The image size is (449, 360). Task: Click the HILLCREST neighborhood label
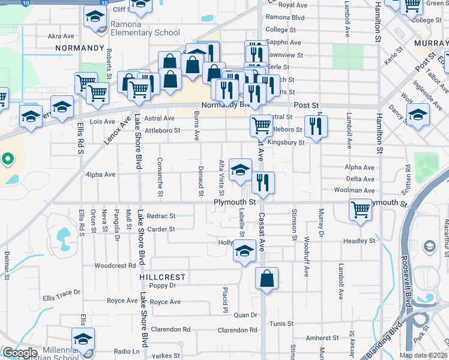[163, 278]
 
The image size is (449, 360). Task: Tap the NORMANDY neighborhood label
[80, 47]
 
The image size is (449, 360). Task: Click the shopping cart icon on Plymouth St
[360, 211]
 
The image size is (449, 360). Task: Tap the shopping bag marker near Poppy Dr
[267, 279]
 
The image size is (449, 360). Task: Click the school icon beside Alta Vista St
[240, 170]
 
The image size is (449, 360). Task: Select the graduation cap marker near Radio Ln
[83, 340]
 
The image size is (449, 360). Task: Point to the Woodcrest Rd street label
[115, 265]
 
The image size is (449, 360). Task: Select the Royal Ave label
[293, 5]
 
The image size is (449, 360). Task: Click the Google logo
[20, 352]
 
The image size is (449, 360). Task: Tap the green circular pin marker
[7, 160]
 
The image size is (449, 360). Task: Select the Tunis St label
[280, 323]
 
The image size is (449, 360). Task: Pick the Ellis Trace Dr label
[61, 293]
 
